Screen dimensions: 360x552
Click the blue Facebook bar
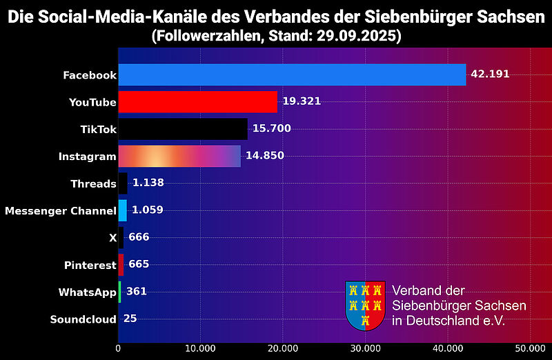(x=292, y=74)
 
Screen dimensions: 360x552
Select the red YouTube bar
(x=197, y=101)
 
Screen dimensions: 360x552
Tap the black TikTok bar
(x=183, y=129)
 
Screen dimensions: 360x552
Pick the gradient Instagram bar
(x=179, y=156)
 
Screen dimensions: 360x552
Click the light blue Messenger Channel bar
(x=122, y=210)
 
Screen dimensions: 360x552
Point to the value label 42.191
(x=490, y=74)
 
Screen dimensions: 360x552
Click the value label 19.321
(x=302, y=101)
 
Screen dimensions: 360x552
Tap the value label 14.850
(x=265, y=156)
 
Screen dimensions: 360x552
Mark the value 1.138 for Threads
(x=148, y=183)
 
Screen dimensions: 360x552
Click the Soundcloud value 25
(x=130, y=319)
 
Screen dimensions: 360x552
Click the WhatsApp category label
(x=87, y=292)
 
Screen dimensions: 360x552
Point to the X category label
(x=112, y=238)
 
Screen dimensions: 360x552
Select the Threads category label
(x=93, y=183)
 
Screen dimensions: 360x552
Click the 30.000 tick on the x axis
(x=365, y=348)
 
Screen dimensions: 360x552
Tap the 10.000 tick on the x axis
(x=200, y=348)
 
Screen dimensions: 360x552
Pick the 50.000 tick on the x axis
(x=530, y=348)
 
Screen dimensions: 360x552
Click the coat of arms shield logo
(x=365, y=305)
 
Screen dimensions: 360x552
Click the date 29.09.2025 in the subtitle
(x=360, y=35)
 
